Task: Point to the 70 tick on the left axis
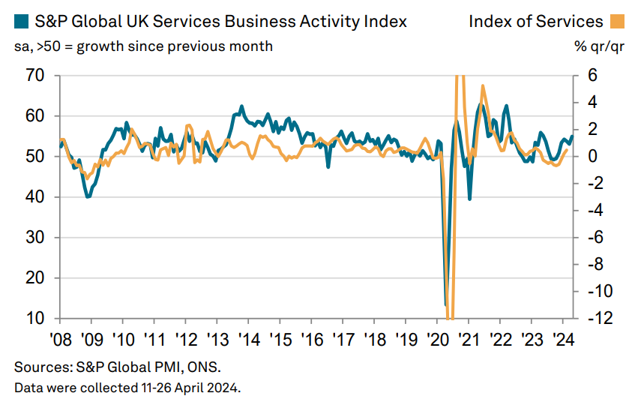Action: [x=35, y=76]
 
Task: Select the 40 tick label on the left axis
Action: [x=35, y=197]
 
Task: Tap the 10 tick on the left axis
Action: [x=35, y=319]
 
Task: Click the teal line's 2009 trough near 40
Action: [x=88, y=196]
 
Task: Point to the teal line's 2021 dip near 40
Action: [x=470, y=199]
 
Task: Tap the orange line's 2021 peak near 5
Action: [x=483, y=85]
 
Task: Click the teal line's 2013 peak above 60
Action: [x=241, y=106]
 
